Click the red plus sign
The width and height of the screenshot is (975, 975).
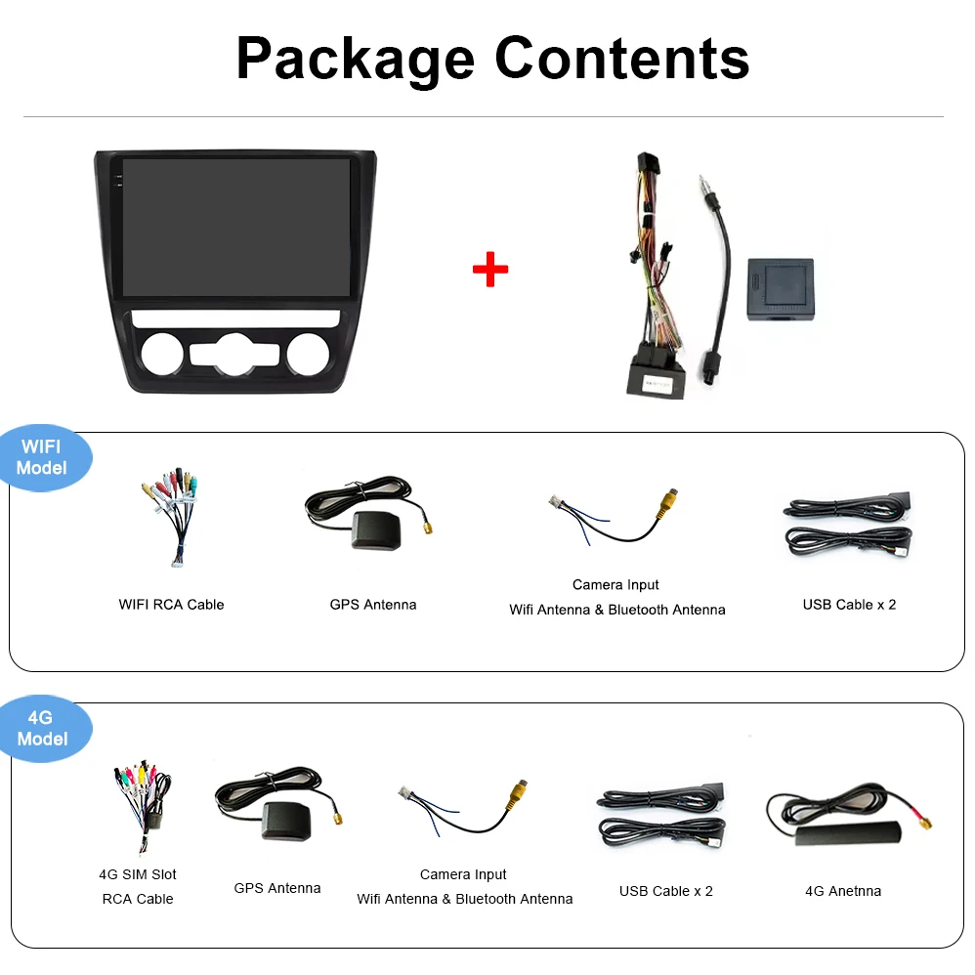click(x=489, y=270)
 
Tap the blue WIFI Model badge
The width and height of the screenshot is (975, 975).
click(x=42, y=457)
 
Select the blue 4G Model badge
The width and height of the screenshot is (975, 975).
click(x=42, y=729)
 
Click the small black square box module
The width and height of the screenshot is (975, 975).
click(x=780, y=289)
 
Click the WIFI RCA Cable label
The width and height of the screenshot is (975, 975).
click(x=171, y=605)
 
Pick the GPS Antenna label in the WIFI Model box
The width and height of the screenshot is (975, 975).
click(x=372, y=605)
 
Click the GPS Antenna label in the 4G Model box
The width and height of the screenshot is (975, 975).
click(x=276, y=888)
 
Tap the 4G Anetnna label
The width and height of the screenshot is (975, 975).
click(x=842, y=891)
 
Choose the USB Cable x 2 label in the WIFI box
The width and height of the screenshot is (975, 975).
click(x=849, y=605)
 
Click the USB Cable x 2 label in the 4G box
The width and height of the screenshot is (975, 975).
click(x=665, y=891)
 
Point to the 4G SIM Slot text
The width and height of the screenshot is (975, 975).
click(x=138, y=874)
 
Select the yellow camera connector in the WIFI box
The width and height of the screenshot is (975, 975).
click(x=668, y=502)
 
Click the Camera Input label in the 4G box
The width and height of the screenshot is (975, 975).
click(x=463, y=874)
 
